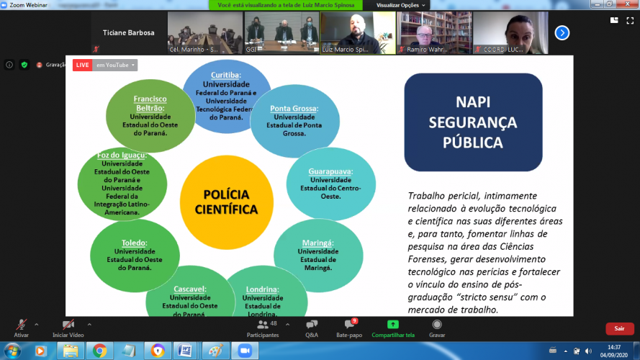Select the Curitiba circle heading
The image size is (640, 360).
click(x=225, y=75)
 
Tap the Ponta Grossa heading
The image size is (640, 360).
click(x=294, y=109)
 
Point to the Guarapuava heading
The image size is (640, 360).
click(x=330, y=171)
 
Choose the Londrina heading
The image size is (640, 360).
click(x=262, y=289)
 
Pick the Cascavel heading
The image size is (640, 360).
click(x=190, y=289)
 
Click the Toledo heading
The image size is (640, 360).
click(x=134, y=243)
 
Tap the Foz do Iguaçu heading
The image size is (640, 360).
click(x=122, y=155)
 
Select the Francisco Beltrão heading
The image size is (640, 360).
click(x=150, y=103)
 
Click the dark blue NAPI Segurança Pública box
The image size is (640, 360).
click(x=473, y=122)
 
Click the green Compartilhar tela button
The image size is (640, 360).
click(x=392, y=328)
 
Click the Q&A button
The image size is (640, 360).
click(x=311, y=328)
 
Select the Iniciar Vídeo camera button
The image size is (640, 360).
click(x=68, y=328)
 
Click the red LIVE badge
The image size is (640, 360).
click(x=82, y=66)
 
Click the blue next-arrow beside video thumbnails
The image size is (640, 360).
click(x=562, y=32)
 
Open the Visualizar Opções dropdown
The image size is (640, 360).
click(x=401, y=5)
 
